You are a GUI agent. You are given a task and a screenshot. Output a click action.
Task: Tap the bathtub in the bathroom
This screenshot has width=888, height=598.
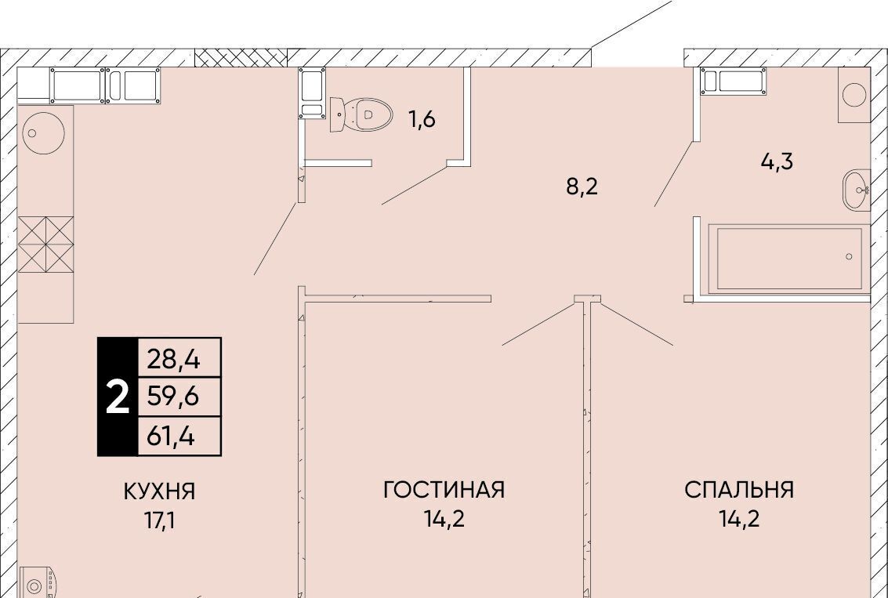click(x=789, y=259)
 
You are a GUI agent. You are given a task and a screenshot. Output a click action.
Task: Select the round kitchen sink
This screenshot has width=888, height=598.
click(x=43, y=134)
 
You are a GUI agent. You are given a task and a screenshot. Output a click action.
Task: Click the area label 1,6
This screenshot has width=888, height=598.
click(x=422, y=119)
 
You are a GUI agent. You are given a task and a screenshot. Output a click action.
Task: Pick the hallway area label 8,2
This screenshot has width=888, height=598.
click(x=582, y=186)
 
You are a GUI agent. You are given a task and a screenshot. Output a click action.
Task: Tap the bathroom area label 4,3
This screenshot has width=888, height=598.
click(x=777, y=161)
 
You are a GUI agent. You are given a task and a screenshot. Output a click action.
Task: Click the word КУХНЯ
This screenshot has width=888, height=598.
click(x=159, y=491)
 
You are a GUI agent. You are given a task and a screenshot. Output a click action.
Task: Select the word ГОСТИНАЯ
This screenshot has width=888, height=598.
click(x=444, y=489)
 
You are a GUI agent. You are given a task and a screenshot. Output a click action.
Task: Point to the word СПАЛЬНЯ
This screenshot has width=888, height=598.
click(x=739, y=489)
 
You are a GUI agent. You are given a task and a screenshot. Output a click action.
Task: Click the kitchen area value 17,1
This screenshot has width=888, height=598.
click(x=159, y=520)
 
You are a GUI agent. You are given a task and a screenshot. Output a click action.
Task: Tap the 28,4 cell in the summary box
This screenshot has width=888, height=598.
click(x=174, y=358)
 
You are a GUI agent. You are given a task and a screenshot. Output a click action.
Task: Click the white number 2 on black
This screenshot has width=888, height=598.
click(x=118, y=397)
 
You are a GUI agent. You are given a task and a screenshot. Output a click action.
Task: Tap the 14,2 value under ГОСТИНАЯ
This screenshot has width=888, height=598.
click(x=444, y=518)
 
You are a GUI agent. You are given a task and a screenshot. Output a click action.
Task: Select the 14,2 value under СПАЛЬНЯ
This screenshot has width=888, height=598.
click(x=740, y=518)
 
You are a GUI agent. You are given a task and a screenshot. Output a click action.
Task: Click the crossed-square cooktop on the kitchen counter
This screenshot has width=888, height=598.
click(x=46, y=244)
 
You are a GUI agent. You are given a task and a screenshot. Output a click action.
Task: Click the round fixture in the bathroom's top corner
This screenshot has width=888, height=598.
click(x=854, y=95)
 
